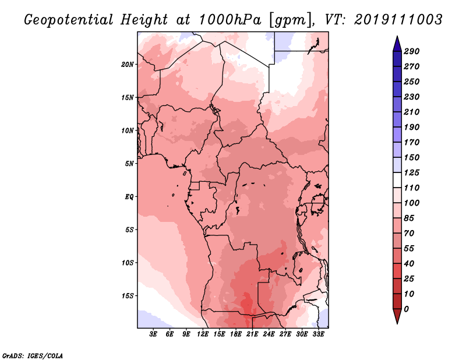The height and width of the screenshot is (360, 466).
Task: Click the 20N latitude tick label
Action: (x=128, y=64)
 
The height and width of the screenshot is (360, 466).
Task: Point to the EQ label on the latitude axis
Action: (x=129, y=196)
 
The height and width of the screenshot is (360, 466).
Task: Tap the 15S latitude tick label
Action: (x=128, y=295)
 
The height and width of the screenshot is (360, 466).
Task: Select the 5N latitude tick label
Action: (x=129, y=164)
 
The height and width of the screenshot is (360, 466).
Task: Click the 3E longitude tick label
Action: (x=154, y=334)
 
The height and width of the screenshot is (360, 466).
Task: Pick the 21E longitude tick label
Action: (x=252, y=334)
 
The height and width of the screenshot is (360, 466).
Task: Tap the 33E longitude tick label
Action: (x=318, y=334)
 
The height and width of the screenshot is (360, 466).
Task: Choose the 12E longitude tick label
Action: (x=203, y=334)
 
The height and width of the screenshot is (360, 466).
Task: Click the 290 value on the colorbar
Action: (x=412, y=51)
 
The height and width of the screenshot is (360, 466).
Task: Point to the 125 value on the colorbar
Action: (x=412, y=172)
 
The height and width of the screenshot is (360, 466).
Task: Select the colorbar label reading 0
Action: (x=406, y=309)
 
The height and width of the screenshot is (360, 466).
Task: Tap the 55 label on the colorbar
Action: (x=409, y=248)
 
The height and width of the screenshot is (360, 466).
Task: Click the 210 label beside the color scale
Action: (x=412, y=112)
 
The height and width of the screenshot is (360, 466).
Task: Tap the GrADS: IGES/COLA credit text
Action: (x=32, y=355)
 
